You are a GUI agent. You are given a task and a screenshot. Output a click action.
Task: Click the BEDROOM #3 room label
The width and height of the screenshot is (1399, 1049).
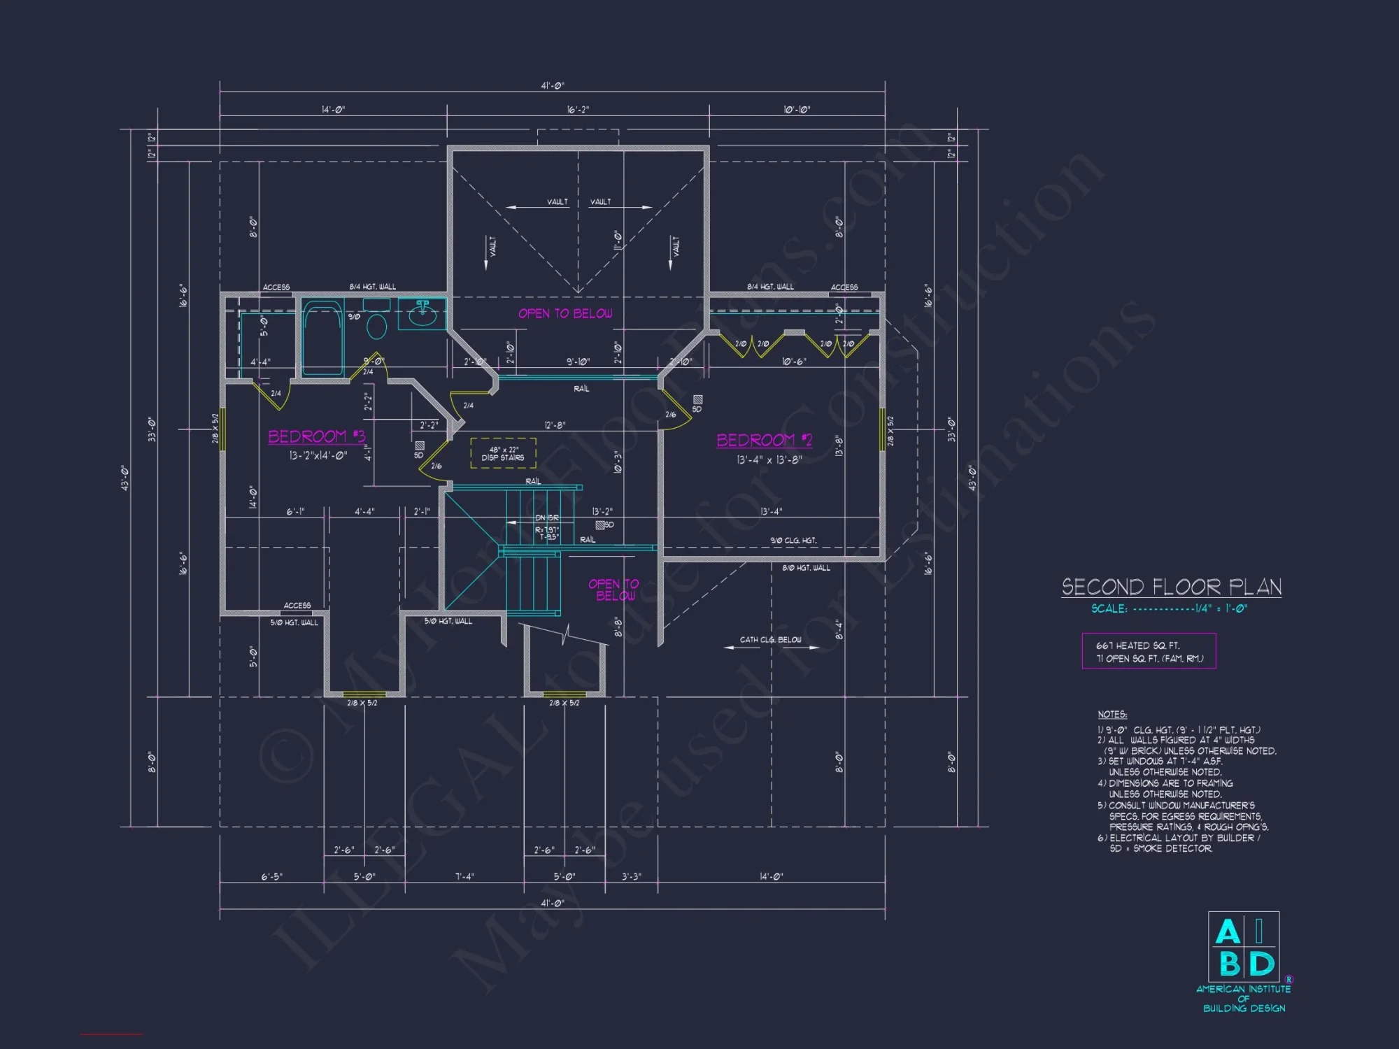pyautogui.click(x=316, y=436)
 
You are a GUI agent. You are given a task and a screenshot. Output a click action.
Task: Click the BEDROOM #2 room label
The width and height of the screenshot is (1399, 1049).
pyautogui.click(x=764, y=440)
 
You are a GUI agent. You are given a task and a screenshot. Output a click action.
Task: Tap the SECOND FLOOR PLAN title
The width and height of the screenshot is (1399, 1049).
pyautogui.click(x=1171, y=587)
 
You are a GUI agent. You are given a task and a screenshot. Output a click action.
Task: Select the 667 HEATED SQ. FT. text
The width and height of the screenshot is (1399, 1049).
pyautogui.click(x=1137, y=645)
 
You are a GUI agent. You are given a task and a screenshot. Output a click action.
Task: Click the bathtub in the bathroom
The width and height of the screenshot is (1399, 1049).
pyautogui.click(x=322, y=338)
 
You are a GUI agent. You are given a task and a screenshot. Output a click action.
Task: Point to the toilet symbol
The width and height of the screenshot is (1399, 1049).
pyautogui.click(x=376, y=327)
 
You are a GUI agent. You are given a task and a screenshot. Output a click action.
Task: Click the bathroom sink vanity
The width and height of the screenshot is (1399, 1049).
pyautogui.click(x=422, y=313)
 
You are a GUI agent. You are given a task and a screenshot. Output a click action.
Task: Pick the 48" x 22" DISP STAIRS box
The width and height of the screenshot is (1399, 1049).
pyautogui.click(x=503, y=453)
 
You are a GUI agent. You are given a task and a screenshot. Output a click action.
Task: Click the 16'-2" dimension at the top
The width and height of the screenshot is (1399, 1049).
pyautogui.click(x=578, y=110)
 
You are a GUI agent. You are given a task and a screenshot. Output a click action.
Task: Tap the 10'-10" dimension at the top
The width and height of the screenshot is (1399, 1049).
pyautogui.click(x=797, y=110)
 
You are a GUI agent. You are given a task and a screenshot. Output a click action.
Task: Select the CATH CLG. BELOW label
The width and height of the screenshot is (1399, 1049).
pyautogui.click(x=770, y=640)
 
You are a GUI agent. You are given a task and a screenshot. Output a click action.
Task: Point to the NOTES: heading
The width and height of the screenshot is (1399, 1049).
pyautogui.click(x=1112, y=714)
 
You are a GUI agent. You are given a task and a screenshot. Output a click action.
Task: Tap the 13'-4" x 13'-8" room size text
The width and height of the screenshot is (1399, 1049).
pyautogui.click(x=769, y=460)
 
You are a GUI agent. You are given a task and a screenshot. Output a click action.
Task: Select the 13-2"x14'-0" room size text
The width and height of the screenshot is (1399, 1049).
pyautogui.click(x=318, y=455)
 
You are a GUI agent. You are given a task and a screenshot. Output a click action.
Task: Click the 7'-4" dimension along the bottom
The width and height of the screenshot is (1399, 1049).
pyautogui.click(x=464, y=876)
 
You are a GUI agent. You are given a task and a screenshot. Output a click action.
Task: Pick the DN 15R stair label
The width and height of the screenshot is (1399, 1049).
pyautogui.click(x=547, y=518)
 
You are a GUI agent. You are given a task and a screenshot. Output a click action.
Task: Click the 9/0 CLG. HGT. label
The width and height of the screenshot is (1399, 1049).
pyautogui.click(x=793, y=541)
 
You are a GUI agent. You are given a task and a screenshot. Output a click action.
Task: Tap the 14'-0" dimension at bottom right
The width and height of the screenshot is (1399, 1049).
pyautogui.click(x=771, y=876)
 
